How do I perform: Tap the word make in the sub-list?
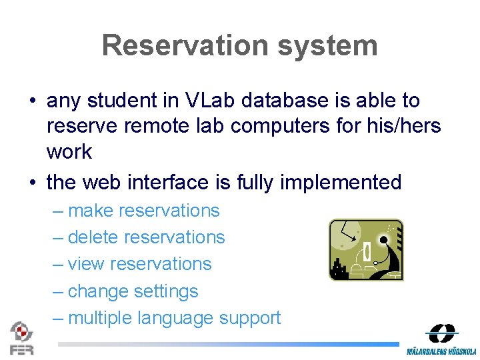(x=91, y=211)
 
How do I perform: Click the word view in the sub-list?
(x=86, y=264)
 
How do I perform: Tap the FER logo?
(x=21, y=338)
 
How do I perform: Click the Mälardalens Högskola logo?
(x=441, y=339)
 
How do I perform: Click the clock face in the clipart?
(x=345, y=235)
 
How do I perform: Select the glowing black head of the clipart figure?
(x=384, y=239)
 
